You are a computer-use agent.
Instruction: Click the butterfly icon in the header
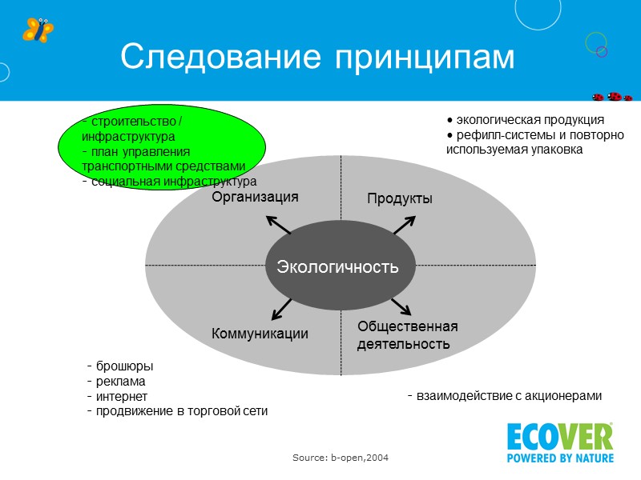coord(38,30)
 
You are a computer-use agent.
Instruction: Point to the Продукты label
coord(400,198)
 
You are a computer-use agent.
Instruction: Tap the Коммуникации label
coord(260,333)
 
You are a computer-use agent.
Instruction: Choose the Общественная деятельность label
coord(407,335)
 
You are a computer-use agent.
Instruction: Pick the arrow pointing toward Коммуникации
coord(280,308)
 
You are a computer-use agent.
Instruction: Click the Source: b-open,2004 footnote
coord(341,457)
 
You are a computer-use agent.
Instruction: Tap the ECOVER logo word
coord(559,437)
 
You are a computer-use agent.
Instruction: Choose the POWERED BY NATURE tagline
coord(559,458)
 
